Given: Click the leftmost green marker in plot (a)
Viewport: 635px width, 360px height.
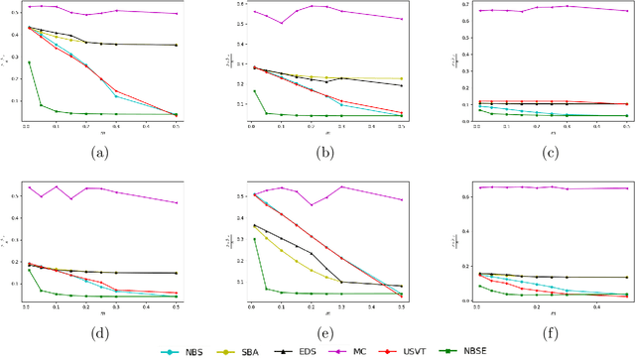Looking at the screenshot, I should [29, 62].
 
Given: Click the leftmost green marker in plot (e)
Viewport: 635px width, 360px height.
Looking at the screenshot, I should [255, 239].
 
